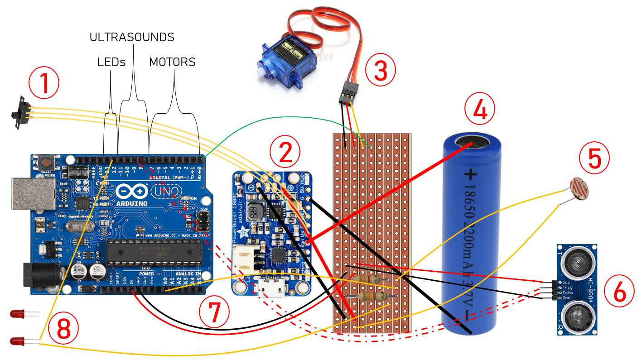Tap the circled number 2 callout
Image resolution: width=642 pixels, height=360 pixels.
click(285, 153)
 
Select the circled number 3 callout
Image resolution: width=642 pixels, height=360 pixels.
click(380, 70)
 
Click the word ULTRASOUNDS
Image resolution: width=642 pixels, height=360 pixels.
click(132, 37)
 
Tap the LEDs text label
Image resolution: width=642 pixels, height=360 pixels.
click(111, 62)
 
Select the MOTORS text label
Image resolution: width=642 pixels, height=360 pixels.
click(172, 62)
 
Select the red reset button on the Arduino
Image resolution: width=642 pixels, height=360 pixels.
click(46, 162)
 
